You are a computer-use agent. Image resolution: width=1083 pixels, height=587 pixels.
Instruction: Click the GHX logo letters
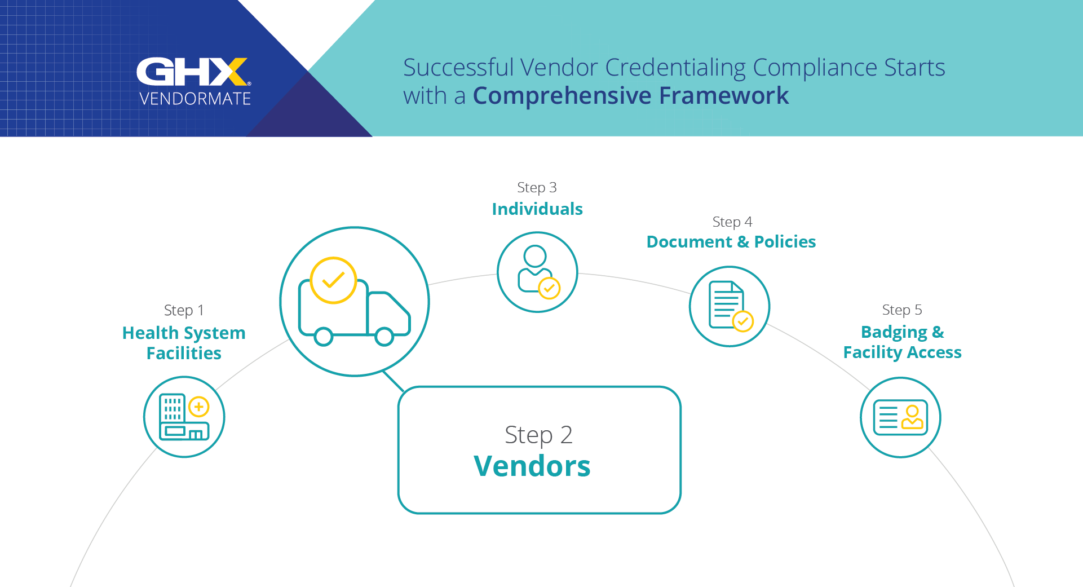(x=192, y=72)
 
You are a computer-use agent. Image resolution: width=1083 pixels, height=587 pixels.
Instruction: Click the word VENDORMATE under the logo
(x=195, y=99)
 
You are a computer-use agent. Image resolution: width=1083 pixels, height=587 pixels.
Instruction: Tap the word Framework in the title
(x=724, y=95)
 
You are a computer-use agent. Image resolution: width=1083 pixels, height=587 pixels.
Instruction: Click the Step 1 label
(x=184, y=310)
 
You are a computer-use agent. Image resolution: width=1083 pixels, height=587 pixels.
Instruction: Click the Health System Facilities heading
(x=184, y=343)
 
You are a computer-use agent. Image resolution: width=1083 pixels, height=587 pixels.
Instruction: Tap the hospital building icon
(x=184, y=417)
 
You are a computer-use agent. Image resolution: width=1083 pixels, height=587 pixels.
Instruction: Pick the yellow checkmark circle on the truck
(x=333, y=280)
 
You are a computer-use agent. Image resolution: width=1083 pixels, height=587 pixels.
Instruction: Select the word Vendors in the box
(x=532, y=466)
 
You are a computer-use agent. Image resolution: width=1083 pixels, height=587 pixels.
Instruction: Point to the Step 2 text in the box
(x=538, y=435)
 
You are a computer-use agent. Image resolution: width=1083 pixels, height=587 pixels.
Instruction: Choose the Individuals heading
(x=537, y=209)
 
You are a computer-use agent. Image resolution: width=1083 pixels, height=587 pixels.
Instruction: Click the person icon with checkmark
(x=538, y=271)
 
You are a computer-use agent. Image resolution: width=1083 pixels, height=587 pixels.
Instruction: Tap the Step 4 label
(x=732, y=222)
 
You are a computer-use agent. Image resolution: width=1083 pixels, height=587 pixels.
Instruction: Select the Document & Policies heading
(x=731, y=242)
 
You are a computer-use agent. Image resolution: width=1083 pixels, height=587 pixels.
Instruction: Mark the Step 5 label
(x=902, y=310)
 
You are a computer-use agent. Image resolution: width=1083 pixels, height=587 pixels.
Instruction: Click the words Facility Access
(x=902, y=352)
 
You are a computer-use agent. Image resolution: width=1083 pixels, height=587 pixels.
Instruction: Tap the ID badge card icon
(x=900, y=417)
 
